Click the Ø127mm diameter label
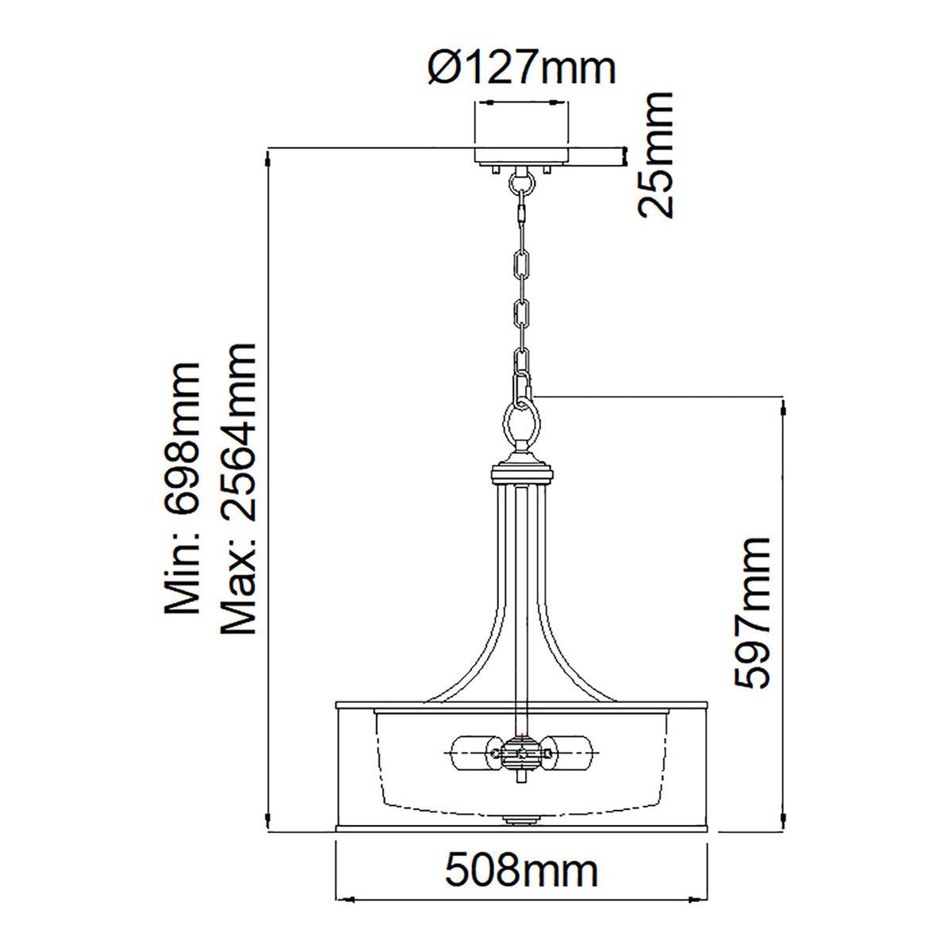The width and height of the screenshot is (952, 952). pyautogui.click(x=521, y=69)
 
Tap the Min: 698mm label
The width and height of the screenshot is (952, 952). pyautogui.click(x=182, y=489)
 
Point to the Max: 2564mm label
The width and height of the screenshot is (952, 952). pyautogui.click(x=239, y=489)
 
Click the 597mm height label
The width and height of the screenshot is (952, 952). pyautogui.click(x=752, y=612)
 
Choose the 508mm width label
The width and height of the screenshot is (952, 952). pyautogui.click(x=521, y=871)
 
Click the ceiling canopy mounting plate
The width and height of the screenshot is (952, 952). pyautogui.click(x=521, y=155)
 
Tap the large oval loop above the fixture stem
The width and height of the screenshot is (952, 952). pyautogui.click(x=521, y=426)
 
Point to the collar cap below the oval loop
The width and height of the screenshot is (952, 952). pyautogui.click(x=521, y=474)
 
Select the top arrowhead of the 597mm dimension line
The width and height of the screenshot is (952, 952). pyautogui.click(x=784, y=406)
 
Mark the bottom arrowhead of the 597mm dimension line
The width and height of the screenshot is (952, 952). pyautogui.click(x=784, y=819)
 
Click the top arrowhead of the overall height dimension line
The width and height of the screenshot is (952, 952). pyautogui.click(x=270, y=157)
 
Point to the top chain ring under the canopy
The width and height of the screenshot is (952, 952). pyautogui.click(x=521, y=185)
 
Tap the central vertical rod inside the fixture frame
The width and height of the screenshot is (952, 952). pyautogui.click(x=521, y=603)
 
